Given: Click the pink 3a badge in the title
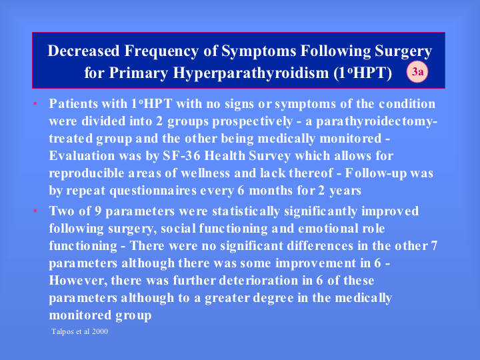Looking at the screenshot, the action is tap(417, 72).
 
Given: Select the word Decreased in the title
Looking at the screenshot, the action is tap(83, 51).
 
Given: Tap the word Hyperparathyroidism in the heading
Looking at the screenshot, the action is tap(251, 73).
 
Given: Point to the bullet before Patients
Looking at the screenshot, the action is tap(35, 103).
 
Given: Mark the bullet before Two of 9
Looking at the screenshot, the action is tap(35, 211).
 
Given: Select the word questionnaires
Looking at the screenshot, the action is tap(153, 191).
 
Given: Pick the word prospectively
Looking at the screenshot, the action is tap(253, 122).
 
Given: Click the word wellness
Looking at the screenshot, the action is tap(205, 173).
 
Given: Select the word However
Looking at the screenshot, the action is tap(78, 281).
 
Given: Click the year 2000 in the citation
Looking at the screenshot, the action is tap(100, 331).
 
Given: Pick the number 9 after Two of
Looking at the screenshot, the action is tap(98, 211).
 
